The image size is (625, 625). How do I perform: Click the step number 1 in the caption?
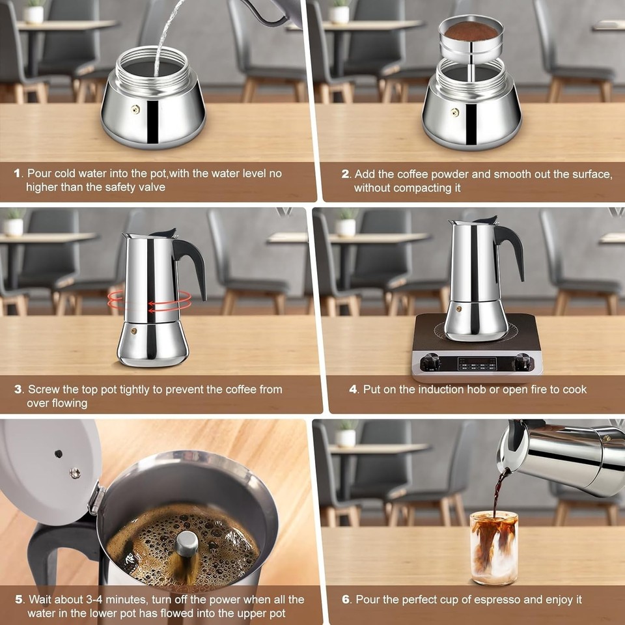click(x=18, y=174)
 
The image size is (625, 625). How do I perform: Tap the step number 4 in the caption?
click(x=354, y=389)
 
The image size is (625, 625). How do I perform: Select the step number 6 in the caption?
click(x=346, y=599)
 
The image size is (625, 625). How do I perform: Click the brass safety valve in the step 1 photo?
click(x=135, y=109)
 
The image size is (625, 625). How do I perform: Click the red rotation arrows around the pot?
click(x=150, y=301)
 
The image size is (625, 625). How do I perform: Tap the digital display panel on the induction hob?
click(x=477, y=363)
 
